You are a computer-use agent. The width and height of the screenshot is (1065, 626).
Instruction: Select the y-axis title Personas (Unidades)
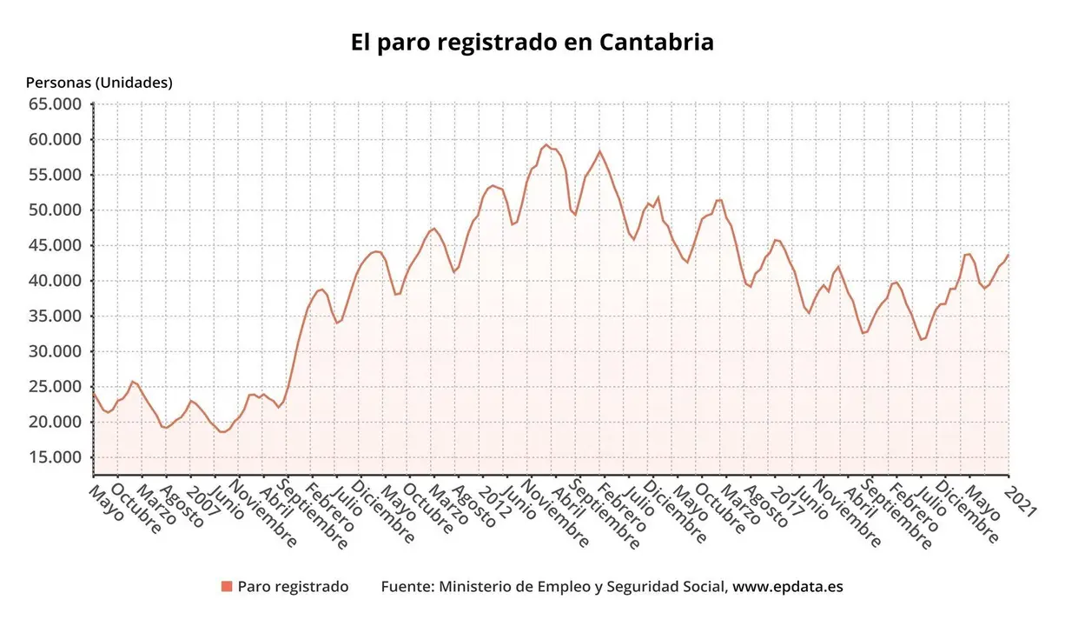99,83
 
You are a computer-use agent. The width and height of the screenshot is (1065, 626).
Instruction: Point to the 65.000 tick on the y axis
55,104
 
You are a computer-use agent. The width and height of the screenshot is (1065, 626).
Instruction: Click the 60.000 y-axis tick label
55,139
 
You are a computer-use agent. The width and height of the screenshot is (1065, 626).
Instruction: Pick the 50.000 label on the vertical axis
55,210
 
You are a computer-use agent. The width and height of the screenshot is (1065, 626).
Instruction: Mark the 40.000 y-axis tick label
55,281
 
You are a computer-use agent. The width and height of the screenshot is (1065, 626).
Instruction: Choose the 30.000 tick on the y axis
55,351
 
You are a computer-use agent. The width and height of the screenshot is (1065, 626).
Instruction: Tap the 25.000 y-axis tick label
55,387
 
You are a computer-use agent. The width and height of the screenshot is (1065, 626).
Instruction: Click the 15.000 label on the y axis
55,457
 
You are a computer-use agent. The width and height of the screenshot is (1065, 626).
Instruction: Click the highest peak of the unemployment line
546,144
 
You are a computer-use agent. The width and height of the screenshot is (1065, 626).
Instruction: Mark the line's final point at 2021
1008,255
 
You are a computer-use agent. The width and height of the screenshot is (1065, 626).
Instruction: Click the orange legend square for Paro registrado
227,587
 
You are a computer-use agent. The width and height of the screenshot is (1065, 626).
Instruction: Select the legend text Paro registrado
293,587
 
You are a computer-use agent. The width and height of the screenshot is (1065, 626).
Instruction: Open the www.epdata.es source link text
787,587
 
